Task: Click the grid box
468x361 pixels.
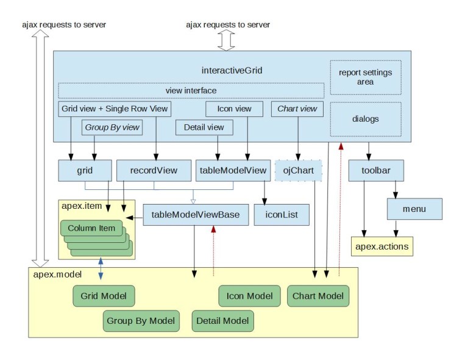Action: click(85, 170)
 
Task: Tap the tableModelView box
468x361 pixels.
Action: click(232, 170)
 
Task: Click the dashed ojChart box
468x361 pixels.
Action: click(298, 170)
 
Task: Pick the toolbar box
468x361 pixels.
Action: click(377, 170)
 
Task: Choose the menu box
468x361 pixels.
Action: click(414, 209)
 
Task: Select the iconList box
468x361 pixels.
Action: click(282, 214)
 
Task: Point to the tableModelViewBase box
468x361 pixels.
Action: click(196, 214)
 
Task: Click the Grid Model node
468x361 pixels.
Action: click(104, 296)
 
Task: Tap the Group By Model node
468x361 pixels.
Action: click(141, 320)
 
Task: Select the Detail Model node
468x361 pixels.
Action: click(222, 320)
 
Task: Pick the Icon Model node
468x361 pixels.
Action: click(249, 296)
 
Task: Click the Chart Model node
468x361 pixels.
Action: click(317, 296)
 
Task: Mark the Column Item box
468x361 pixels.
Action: click(91, 228)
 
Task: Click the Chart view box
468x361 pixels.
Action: click(297, 109)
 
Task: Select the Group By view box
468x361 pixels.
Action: click(112, 127)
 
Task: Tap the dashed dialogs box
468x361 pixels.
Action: click(366, 119)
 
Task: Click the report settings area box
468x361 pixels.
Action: click(366, 77)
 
